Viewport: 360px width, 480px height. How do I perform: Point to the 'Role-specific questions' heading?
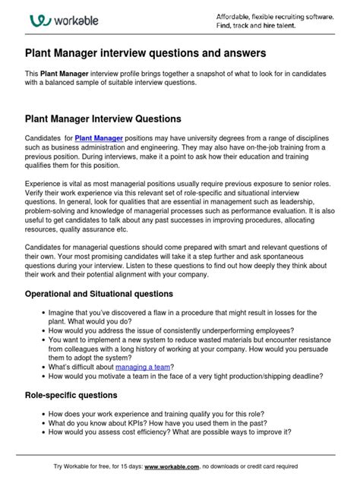(x=71, y=395)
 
